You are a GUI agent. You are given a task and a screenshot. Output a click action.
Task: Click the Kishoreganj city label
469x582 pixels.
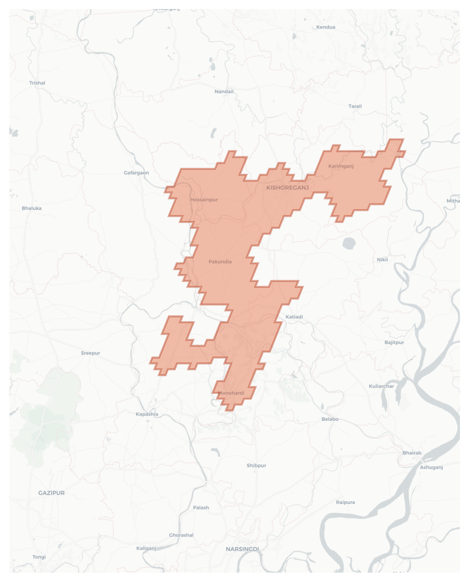pyautogui.click(x=287, y=188)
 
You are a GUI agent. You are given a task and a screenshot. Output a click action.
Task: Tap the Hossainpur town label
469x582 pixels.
pyautogui.click(x=204, y=200)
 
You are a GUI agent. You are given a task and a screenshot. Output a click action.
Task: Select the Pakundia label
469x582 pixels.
pyautogui.click(x=220, y=262)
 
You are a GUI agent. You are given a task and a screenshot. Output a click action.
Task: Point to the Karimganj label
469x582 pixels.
pyautogui.click(x=341, y=166)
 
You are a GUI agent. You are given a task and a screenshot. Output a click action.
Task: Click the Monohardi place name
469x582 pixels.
pyautogui.click(x=231, y=393)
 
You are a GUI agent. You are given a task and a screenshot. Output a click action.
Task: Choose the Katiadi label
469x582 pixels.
pyautogui.click(x=294, y=317)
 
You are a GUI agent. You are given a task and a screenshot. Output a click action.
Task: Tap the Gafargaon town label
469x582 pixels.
pyautogui.click(x=136, y=173)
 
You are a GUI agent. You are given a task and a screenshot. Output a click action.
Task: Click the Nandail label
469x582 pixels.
pyautogui.click(x=224, y=91)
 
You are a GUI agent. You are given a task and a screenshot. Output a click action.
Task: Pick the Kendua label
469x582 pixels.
pyautogui.click(x=326, y=27)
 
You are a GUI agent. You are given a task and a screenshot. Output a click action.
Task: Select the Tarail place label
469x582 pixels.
pyautogui.click(x=355, y=106)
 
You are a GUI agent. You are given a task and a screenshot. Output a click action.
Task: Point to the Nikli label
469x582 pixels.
pyautogui.click(x=382, y=260)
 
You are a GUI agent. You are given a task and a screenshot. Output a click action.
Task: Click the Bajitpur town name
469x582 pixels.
pyautogui.click(x=394, y=343)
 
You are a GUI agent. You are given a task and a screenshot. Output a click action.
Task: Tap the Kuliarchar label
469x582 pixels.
pyautogui.click(x=381, y=386)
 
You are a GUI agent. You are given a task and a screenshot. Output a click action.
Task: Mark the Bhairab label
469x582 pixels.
pyautogui.click(x=412, y=453)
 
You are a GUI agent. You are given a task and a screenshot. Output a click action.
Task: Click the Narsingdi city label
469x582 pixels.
pyautogui.click(x=242, y=549)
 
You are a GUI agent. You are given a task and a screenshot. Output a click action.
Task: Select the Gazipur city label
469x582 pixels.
pyautogui.click(x=51, y=493)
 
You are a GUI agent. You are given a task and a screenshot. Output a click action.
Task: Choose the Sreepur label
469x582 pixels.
pyautogui.click(x=90, y=353)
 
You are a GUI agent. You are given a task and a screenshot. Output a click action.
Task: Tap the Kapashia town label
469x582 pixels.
pyautogui.click(x=147, y=414)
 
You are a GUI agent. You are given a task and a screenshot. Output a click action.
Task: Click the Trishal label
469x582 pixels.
pyautogui.click(x=37, y=83)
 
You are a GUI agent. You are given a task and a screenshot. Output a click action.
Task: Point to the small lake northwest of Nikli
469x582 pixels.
pyautogui.click(x=349, y=243)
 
